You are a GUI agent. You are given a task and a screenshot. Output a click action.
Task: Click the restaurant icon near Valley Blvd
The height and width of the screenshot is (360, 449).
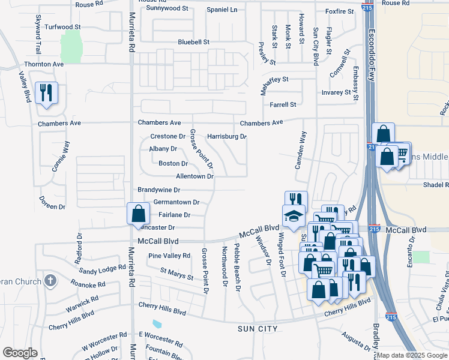point(46,93)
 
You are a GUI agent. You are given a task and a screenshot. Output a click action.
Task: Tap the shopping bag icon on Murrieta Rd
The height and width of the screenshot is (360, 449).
point(139,213)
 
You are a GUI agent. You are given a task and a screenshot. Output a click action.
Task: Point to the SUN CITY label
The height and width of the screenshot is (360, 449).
point(258,329)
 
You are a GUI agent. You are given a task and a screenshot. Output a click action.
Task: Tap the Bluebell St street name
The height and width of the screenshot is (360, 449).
point(193,42)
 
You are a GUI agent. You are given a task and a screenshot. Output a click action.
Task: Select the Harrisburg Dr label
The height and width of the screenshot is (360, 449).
point(226,136)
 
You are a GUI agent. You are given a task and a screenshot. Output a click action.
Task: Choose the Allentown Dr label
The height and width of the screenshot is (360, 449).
point(194,176)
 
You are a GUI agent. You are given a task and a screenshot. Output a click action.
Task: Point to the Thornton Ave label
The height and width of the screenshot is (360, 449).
point(44,64)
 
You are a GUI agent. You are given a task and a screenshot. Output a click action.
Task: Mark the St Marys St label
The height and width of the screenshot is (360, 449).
point(176,274)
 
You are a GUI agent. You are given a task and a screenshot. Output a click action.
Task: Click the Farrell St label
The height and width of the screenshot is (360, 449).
point(283,104)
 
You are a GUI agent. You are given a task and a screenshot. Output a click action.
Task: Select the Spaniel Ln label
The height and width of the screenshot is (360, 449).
point(221,10)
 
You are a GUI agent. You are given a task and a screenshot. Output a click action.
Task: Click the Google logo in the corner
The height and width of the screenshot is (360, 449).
point(20,352)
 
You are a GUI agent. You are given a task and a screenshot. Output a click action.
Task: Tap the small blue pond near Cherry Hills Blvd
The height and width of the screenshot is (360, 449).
point(157,324)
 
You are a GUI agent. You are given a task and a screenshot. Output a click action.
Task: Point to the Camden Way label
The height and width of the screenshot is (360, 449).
point(301,150)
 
